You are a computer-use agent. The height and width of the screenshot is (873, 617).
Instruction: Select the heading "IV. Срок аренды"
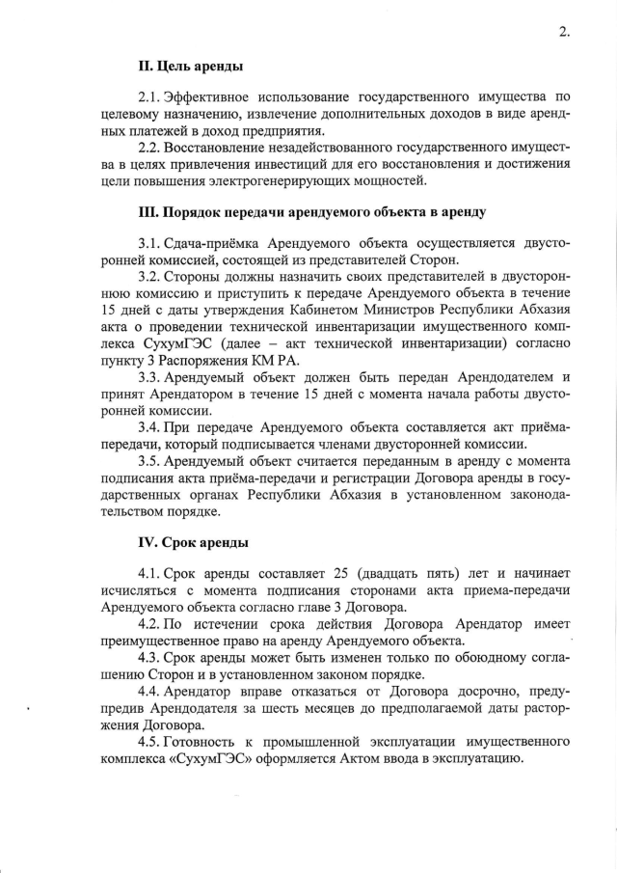[x=194, y=543]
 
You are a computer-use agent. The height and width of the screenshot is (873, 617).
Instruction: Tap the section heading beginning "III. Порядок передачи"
[x=312, y=211]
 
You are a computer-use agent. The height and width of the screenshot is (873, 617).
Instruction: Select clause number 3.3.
[x=149, y=376]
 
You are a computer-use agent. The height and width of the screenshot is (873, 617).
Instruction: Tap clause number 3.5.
[x=149, y=461]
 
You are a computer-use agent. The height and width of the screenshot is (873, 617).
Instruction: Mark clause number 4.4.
[x=149, y=693]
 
